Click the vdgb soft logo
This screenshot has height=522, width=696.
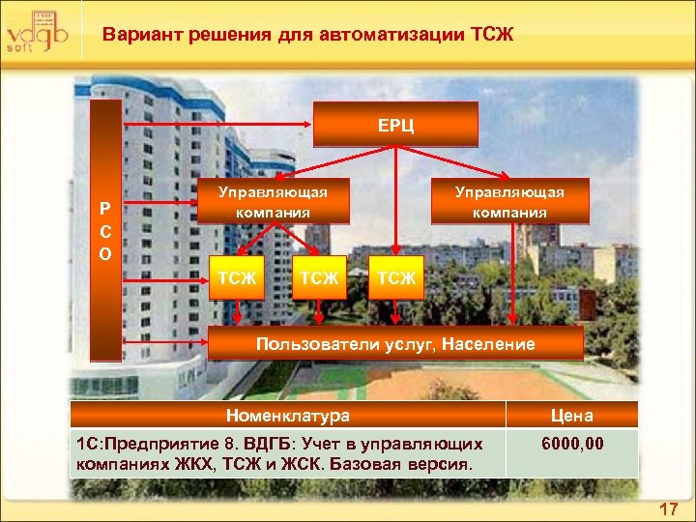[37, 30]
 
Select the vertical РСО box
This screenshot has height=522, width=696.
[105, 230]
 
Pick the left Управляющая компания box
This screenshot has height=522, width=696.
[274, 201]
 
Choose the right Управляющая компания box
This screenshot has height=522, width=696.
[510, 201]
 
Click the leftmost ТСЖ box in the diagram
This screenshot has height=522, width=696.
[238, 278]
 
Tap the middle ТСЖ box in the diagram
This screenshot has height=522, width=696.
[318, 278]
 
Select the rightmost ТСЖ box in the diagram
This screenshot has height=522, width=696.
[396, 278]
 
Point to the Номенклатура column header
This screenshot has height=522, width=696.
[287, 416]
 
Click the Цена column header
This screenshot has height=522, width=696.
[572, 416]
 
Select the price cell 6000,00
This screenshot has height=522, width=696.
[572, 444]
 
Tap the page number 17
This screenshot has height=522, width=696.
[668, 508]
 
